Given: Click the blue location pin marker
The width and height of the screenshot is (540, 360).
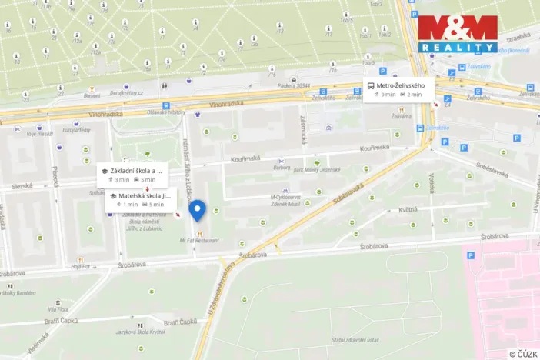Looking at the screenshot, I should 198,210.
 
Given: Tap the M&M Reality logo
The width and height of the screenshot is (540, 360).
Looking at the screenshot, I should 458,34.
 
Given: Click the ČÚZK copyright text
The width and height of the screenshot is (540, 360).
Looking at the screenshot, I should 523,353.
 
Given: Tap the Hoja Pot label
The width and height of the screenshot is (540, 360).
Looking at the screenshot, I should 80,266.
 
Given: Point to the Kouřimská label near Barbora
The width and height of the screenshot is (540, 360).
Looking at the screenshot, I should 246,158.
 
